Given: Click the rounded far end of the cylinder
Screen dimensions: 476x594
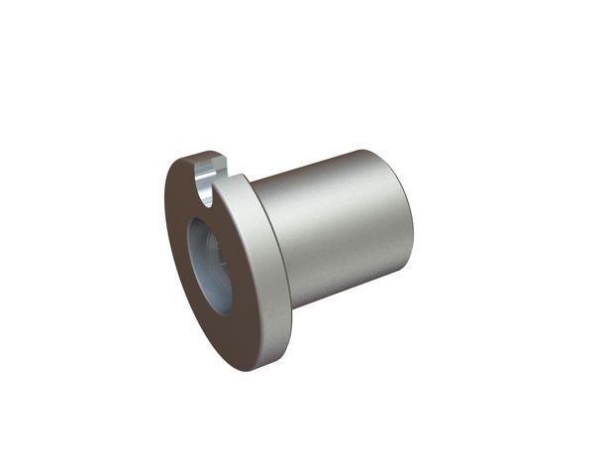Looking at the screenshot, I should [400, 213].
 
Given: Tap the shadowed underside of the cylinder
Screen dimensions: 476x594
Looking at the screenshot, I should [346, 288].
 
